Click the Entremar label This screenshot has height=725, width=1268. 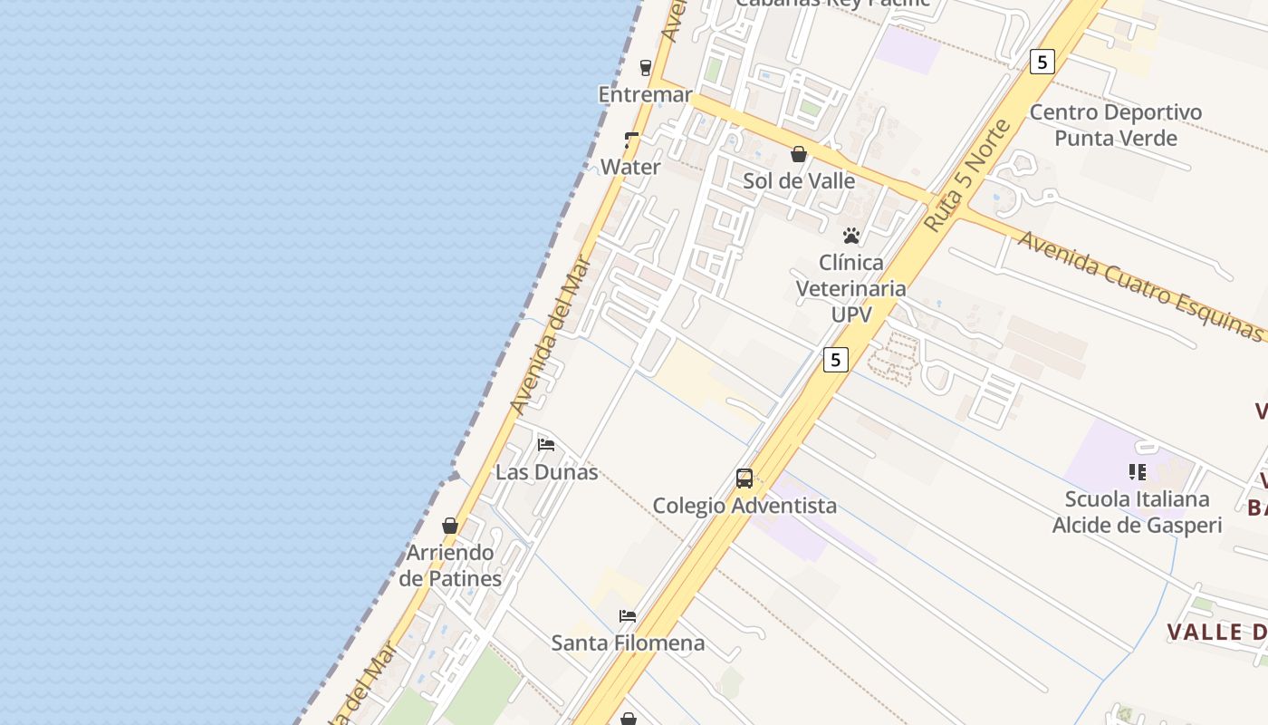coord(645,94)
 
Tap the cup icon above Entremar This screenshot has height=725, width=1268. coord(646,67)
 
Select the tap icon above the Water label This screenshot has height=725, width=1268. coord(631,140)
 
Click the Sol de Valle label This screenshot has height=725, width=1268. coord(799,180)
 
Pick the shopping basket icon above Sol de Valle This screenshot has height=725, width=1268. coord(799,154)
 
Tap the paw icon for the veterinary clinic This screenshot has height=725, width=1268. coord(851,236)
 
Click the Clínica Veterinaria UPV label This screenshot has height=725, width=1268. coord(851,288)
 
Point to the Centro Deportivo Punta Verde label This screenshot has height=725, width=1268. coord(1116,125)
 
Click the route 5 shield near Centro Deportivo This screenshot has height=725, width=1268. coord(1042,62)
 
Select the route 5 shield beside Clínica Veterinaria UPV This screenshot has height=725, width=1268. coord(835,360)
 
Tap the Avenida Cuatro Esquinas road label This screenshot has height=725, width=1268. coord(1140,285)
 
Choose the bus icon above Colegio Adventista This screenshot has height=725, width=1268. coord(744,478)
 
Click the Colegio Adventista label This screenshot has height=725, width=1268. coord(744,505)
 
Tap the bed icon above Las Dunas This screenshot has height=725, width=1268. coord(546,444)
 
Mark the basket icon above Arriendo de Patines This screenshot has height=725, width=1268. coord(450,526)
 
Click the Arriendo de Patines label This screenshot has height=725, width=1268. coord(450,565)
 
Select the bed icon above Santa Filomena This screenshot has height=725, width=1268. coord(628,616)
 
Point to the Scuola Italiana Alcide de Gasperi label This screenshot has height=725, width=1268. coord(1137,512)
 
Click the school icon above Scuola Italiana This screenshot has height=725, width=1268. coord(1137,471)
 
